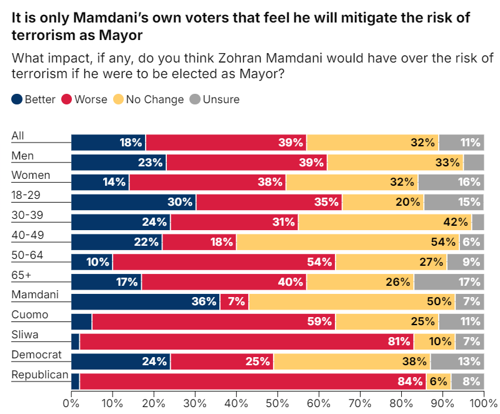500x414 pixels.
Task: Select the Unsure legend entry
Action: (x=214, y=99)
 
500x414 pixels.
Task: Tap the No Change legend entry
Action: (x=149, y=99)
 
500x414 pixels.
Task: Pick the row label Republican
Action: (x=40, y=374)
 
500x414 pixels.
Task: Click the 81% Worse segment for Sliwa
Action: (x=247, y=341)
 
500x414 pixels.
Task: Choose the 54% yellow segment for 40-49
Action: (x=347, y=242)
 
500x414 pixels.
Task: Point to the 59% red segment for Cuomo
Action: (x=214, y=321)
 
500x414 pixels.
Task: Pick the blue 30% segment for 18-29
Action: (x=133, y=202)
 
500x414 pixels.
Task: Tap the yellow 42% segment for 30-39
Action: (x=385, y=222)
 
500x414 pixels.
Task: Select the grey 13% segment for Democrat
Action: (x=457, y=361)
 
